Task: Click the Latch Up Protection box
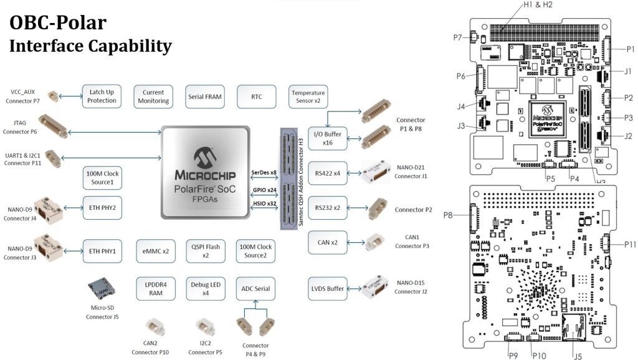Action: pos(102,97)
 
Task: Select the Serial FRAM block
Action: pos(204,97)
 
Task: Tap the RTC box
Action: pos(256,97)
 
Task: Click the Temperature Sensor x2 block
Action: pos(307,97)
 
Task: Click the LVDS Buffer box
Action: pos(328,288)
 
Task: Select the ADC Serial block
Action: pos(255,288)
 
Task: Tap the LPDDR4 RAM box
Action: pos(153,288)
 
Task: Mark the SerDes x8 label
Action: pos(264,172)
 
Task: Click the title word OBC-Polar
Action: pos(57,23)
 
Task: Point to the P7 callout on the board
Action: pos(459,38)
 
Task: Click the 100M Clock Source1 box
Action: pos(102,177)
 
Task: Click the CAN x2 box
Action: pos(328,242)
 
